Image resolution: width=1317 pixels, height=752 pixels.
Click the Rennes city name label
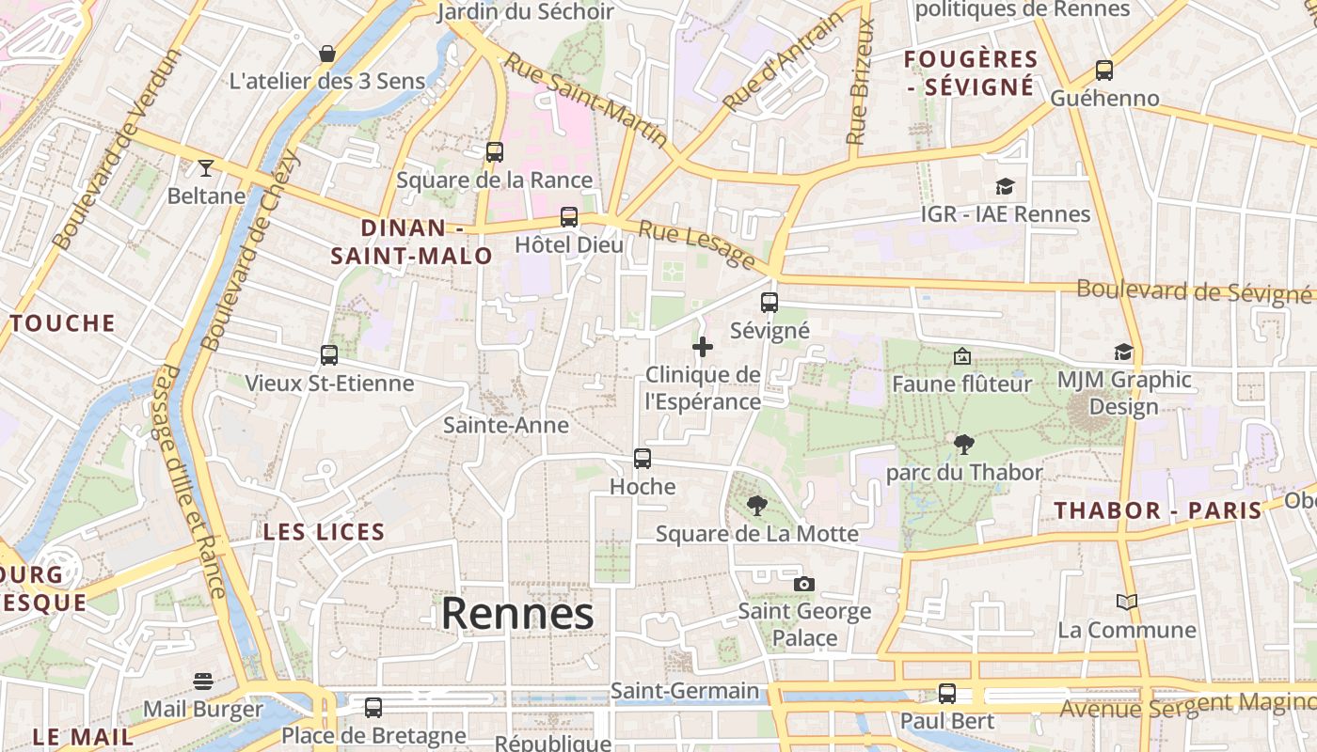point(517,615)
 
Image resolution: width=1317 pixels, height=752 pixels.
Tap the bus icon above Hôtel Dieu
point(569,217)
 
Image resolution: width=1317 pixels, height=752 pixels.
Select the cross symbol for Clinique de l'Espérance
point(703,347)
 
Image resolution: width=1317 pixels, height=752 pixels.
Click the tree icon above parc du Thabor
point(963,444)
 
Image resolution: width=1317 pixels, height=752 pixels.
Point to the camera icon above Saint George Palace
point(803,584)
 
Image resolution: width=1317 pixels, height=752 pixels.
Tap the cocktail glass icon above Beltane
point(206,168)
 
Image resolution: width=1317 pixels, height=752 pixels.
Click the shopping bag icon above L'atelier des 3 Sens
point(327,54)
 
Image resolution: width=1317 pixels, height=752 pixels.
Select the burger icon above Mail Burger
point(203,681)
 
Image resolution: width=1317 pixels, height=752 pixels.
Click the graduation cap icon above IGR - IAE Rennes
point(1005,186)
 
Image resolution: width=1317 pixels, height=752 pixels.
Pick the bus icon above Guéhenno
point(1104,70)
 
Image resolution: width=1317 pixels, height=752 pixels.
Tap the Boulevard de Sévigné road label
point(1193,291)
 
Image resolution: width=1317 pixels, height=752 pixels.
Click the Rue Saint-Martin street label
point(586,100)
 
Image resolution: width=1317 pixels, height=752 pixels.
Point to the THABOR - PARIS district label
point(1157,511)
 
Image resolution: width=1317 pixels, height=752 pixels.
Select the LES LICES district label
point(324,532)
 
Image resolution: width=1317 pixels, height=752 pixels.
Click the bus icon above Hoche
point(643,459)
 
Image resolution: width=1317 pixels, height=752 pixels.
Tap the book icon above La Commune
point(1126,602)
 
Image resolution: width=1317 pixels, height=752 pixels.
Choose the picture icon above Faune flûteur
point(961,356)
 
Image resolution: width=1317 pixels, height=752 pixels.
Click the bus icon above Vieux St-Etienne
point(329,355)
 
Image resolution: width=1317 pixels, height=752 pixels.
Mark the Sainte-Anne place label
point(506,425)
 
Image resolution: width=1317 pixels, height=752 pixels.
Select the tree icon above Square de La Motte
point(756,506)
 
